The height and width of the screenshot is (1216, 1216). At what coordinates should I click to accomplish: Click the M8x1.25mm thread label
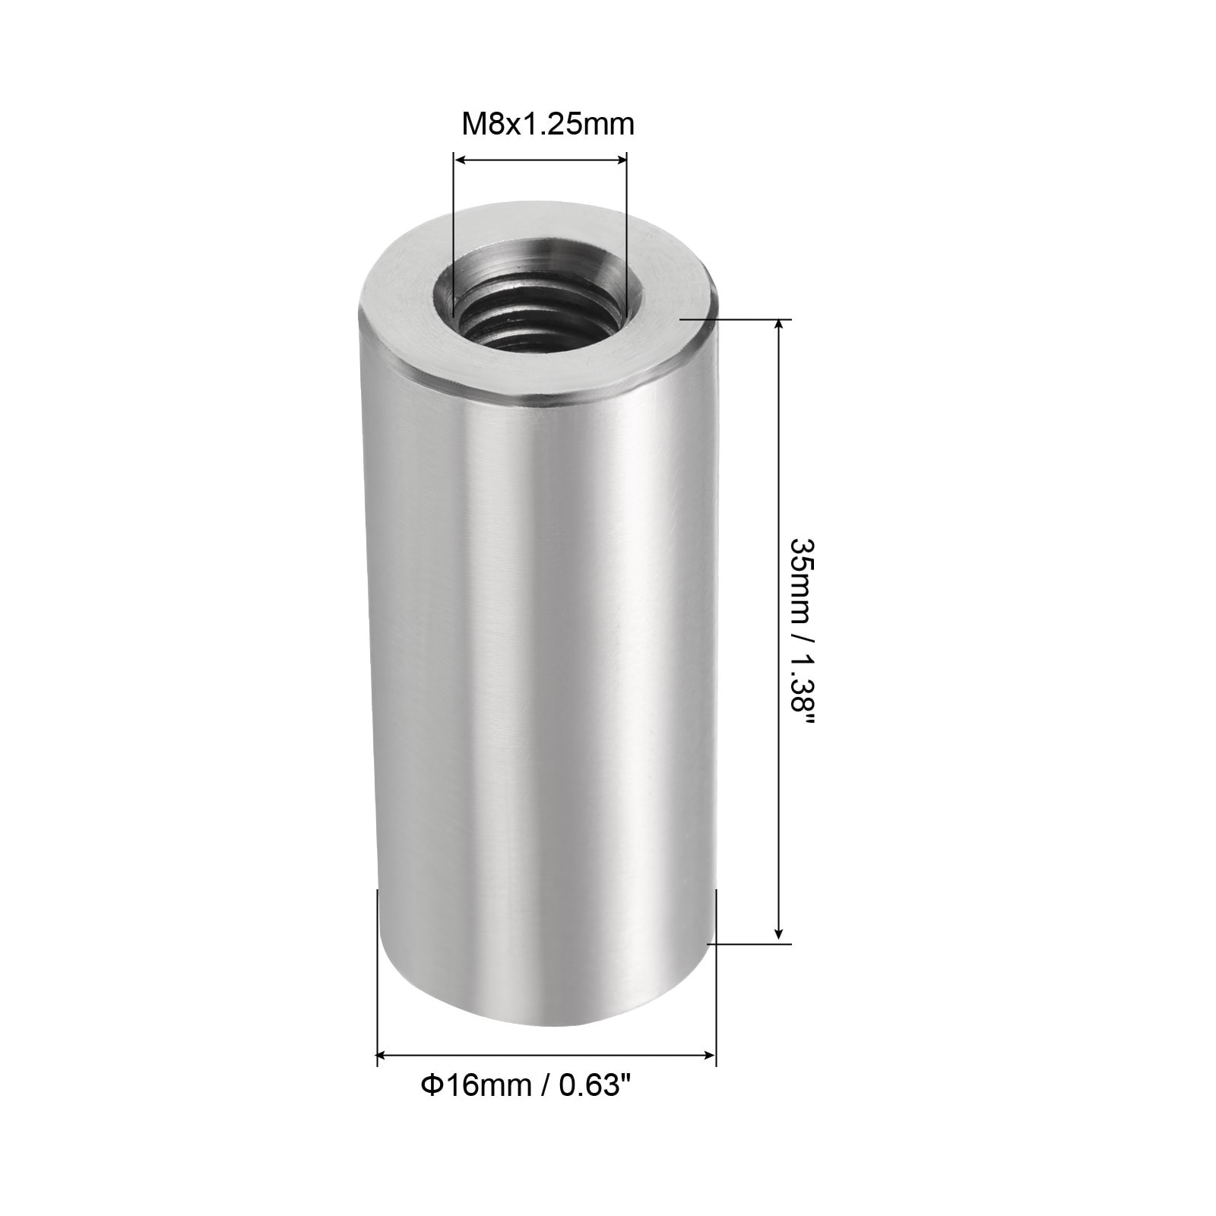pos(548,123)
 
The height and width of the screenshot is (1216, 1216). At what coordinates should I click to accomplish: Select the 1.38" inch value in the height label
pos(801,692)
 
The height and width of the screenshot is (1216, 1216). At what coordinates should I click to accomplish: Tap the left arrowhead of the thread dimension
pos(458,159)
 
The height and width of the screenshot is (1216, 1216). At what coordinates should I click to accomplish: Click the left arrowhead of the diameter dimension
pos(383,1055)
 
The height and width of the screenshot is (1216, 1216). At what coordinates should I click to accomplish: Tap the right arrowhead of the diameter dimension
pos(711,1055)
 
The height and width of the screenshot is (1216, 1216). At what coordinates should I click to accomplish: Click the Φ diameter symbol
pos(430,1086)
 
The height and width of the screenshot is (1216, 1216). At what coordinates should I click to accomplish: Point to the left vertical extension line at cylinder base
pos(378,980)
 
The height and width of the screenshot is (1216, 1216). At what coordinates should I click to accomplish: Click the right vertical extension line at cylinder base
pos(716,980)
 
